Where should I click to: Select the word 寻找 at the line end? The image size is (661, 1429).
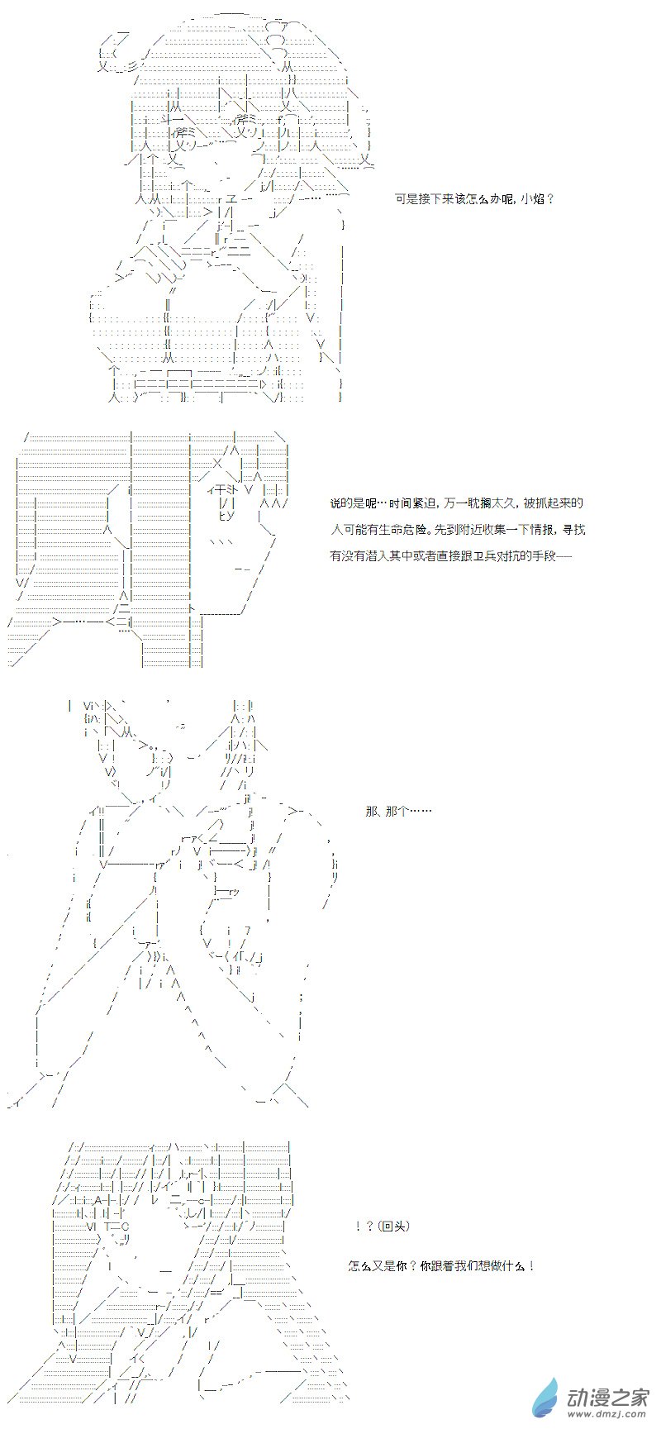(x=574, y=529)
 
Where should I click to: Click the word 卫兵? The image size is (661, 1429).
(x=478, y=555)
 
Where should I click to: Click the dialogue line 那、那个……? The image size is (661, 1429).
(x=397, y=811)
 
